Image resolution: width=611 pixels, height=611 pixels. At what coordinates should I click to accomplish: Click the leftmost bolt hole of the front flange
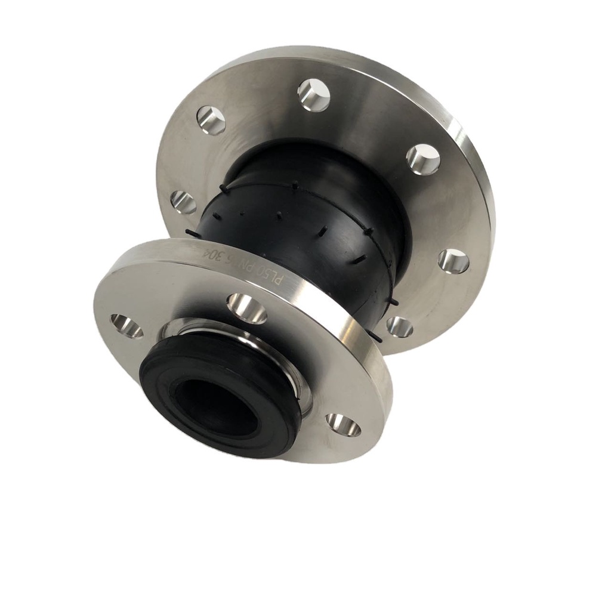126,326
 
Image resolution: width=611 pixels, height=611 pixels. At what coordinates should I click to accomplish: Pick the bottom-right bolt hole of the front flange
343,425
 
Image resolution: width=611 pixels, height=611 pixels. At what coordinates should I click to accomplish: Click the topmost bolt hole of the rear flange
314,94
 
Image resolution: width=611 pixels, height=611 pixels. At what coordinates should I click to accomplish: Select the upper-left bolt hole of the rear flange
211,120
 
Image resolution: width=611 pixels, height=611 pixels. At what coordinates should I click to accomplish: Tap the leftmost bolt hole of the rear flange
183,202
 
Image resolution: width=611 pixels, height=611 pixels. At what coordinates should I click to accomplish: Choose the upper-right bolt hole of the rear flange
423,159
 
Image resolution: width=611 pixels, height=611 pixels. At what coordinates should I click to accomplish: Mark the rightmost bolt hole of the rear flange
453,261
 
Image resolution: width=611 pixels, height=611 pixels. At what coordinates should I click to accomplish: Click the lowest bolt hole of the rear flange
399,326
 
